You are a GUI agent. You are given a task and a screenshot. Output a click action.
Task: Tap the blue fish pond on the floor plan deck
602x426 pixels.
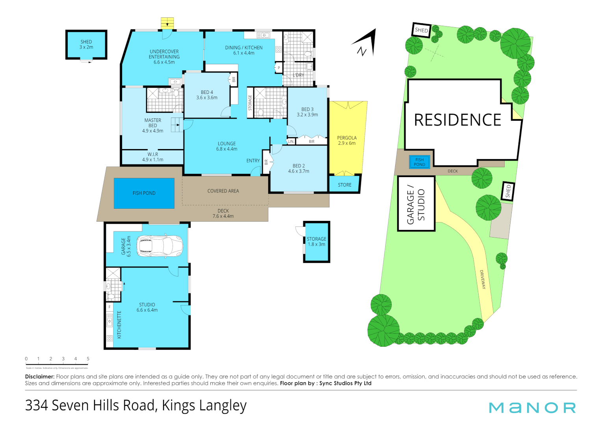click(144, 193)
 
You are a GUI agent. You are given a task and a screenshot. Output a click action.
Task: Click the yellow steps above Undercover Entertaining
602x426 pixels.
click(167, 23)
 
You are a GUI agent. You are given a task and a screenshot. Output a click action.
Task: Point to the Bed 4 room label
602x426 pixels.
click(207, 95)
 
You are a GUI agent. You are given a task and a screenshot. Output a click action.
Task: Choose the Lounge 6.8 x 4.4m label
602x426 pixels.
click(227, 146)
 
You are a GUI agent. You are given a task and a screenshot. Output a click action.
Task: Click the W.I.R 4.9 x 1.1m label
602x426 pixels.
click(152, 157)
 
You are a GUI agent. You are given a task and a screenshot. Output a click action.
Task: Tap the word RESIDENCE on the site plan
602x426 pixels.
click(457, 120)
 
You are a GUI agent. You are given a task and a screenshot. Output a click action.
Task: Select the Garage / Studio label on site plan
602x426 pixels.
click(416, 204)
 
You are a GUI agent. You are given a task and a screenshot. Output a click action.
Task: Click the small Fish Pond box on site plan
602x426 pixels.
click(420, 162)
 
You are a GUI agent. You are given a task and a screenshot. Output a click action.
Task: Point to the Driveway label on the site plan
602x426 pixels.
click(483, 279)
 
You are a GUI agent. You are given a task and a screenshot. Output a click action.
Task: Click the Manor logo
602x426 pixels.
click(532, 407)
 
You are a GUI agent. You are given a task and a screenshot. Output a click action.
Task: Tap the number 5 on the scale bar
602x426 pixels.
click(88, 359)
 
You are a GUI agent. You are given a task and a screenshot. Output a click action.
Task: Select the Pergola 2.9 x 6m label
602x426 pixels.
click(347, 140)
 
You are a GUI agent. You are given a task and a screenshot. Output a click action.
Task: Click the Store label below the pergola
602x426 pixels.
click(344, 185)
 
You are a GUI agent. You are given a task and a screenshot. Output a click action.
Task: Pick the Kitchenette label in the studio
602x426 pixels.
click(119, 324)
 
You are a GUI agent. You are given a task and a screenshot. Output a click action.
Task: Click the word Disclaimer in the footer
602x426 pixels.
click(39, 377)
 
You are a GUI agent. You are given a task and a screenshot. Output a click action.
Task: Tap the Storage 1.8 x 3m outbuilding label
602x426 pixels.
click(316, 241)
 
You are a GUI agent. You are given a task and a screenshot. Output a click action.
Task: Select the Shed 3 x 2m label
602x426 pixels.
click(86, 44)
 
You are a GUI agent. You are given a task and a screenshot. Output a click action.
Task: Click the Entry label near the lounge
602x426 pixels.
click(253, 161)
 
